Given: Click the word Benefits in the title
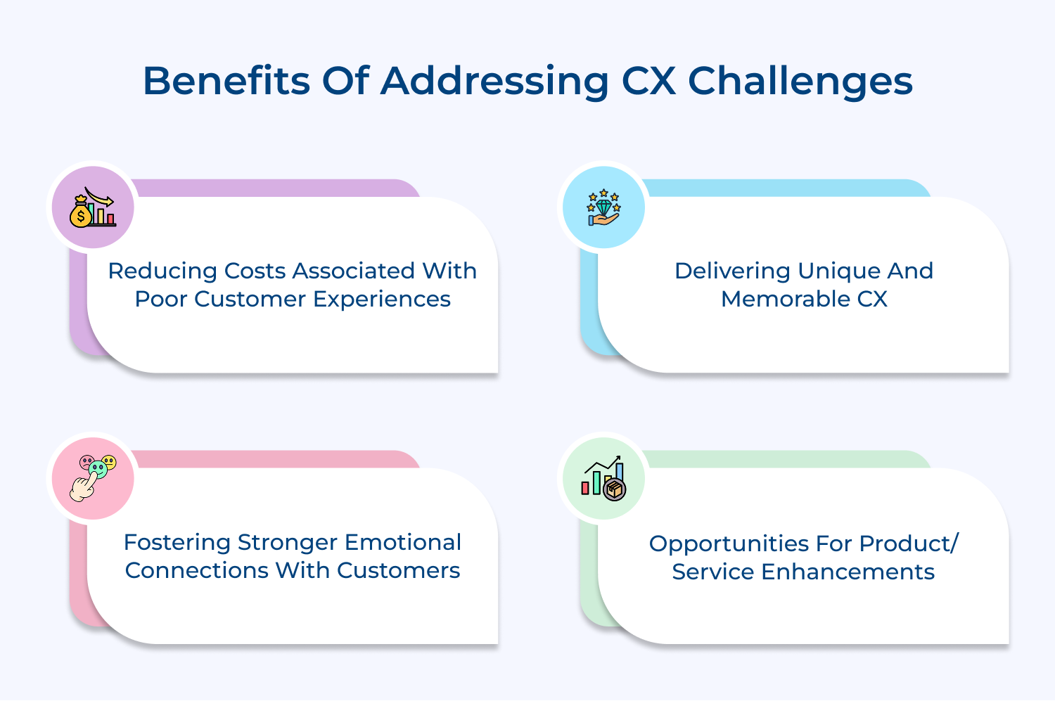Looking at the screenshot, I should pos(226,81).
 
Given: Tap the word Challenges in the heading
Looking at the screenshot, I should pos(800,82).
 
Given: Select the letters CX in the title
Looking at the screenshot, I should pos(648,81).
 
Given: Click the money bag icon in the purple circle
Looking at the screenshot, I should pos(92,207).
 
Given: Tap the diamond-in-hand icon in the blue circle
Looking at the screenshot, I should pos(603,207).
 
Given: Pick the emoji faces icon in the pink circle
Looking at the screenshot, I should pos(93,478).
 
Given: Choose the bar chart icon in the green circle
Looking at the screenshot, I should pos(603,478).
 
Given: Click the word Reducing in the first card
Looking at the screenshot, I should pos(162,271).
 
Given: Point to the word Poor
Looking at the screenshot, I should pos(160,300).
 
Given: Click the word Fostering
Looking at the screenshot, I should pos(177,543).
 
